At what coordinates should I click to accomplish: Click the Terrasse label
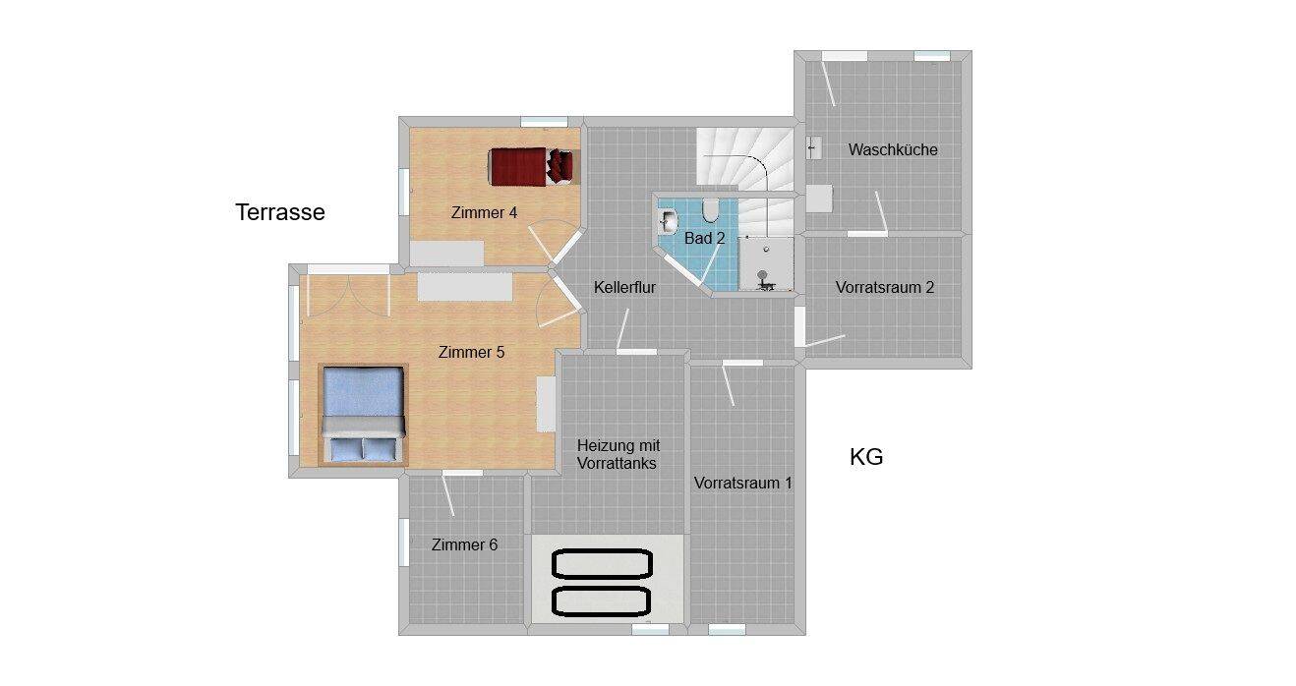pos(280,212)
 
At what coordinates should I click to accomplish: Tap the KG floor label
pos(866,457)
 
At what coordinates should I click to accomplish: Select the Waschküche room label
pos(893,149)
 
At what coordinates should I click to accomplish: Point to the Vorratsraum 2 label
pos(885,288)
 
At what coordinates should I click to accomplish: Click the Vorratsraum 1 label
pos(742,483)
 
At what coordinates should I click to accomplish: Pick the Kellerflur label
pos(624,288)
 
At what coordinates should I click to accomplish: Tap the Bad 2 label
pos(705,238)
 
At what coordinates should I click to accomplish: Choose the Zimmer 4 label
pos(484,213)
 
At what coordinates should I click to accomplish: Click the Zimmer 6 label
pos(464,544)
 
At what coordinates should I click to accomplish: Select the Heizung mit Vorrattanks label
pos(618,455)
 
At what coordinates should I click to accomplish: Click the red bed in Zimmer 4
pos(533,166)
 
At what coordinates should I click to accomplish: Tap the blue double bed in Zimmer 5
pos(364,415)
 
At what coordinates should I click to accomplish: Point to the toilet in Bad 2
pos(710,210)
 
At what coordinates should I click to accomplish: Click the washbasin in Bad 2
pos(669,220)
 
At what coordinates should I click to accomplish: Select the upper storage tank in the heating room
pos(603,564)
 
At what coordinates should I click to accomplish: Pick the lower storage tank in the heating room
pos(602,601)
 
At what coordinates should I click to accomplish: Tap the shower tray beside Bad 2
pos(766,263)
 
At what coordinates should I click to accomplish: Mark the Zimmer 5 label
pos(472,352)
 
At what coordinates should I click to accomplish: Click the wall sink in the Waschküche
pos(813,148)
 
